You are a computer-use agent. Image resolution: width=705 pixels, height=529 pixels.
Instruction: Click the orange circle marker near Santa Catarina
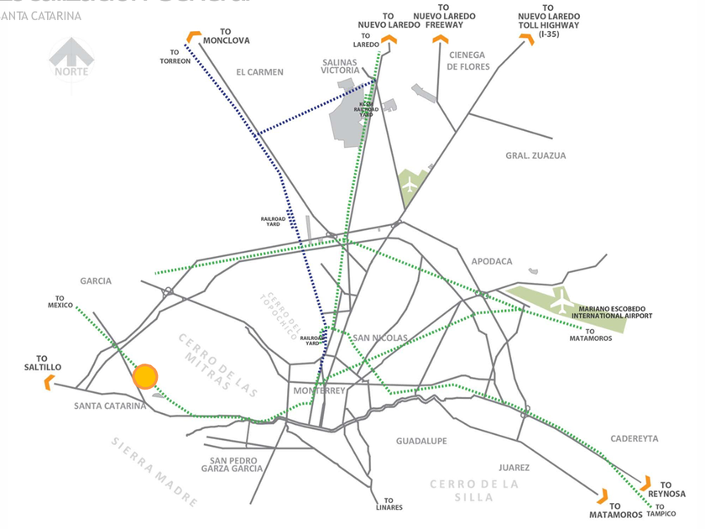pos(145,376)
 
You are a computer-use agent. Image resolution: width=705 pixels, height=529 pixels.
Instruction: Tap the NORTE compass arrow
pos(71,57)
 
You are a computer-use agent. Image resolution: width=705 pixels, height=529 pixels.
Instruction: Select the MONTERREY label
pos(320,391)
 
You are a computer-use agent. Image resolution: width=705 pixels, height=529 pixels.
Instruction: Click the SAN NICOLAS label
pos(380,338)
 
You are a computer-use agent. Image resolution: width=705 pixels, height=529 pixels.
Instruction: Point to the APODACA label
pos(492,261)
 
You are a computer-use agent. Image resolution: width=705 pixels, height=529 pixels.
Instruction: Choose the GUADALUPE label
pos(421,441)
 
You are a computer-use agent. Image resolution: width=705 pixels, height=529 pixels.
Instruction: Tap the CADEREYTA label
pos(635,438)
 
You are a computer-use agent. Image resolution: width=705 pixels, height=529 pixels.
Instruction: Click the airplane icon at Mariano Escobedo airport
pos(561,301)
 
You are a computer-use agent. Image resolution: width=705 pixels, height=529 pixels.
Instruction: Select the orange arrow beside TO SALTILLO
pos(49,383)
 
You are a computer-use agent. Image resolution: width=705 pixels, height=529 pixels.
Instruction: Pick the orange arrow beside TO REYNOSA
pos(645,484)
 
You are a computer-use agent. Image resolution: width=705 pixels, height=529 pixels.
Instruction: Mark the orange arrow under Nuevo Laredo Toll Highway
pos(527,39)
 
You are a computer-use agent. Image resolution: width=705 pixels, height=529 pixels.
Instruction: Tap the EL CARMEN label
pos(259,72)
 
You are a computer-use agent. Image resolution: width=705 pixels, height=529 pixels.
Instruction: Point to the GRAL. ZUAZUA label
pos(535,155)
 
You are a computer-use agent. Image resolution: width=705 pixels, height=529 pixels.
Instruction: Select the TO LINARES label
pos(389,504)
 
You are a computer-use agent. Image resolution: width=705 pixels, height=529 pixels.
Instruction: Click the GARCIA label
pos(96,281)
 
